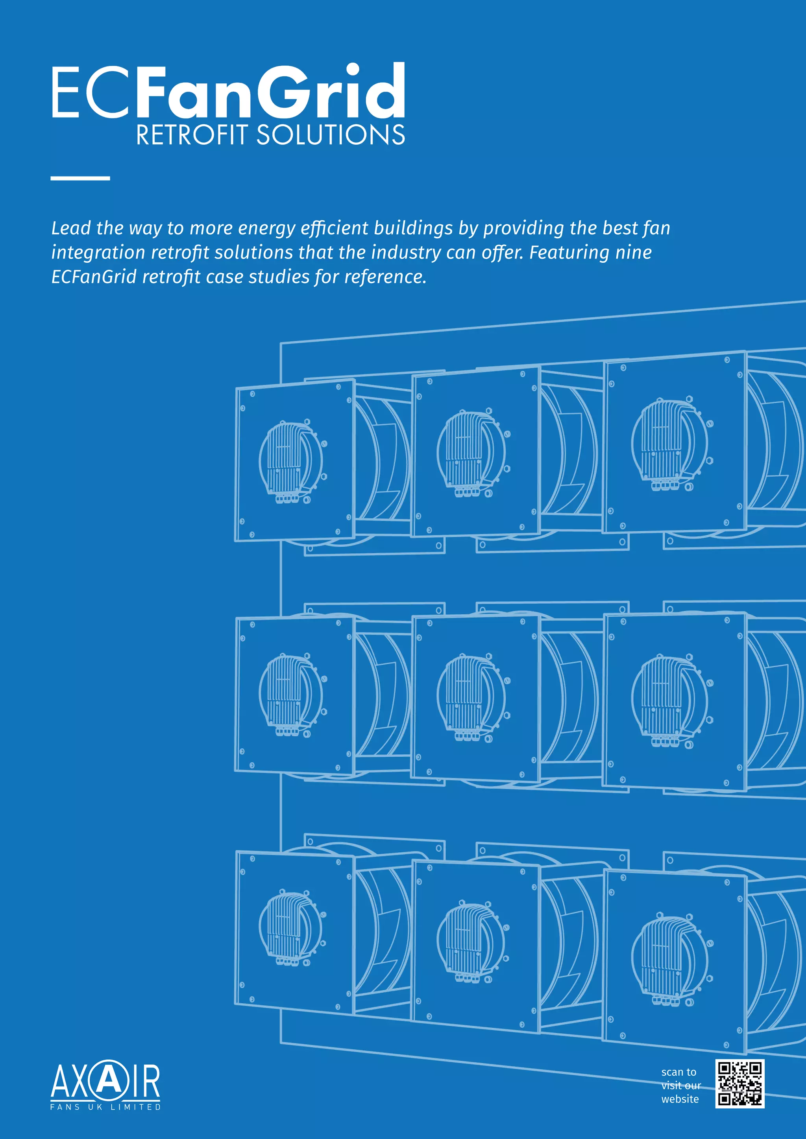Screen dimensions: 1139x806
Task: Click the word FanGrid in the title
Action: click(270, 92)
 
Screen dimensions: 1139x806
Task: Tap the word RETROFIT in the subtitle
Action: click(192, 135)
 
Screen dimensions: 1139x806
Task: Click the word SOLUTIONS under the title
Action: click(330, 135)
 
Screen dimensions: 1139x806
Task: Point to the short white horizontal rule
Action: click(80, 178)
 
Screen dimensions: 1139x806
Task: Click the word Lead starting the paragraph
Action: click(71, 228)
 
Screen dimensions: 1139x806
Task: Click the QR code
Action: click(739, 1084)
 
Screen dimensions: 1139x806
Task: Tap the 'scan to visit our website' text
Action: click(680, 1086)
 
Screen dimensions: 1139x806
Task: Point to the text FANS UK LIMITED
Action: click(105, 1107)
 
